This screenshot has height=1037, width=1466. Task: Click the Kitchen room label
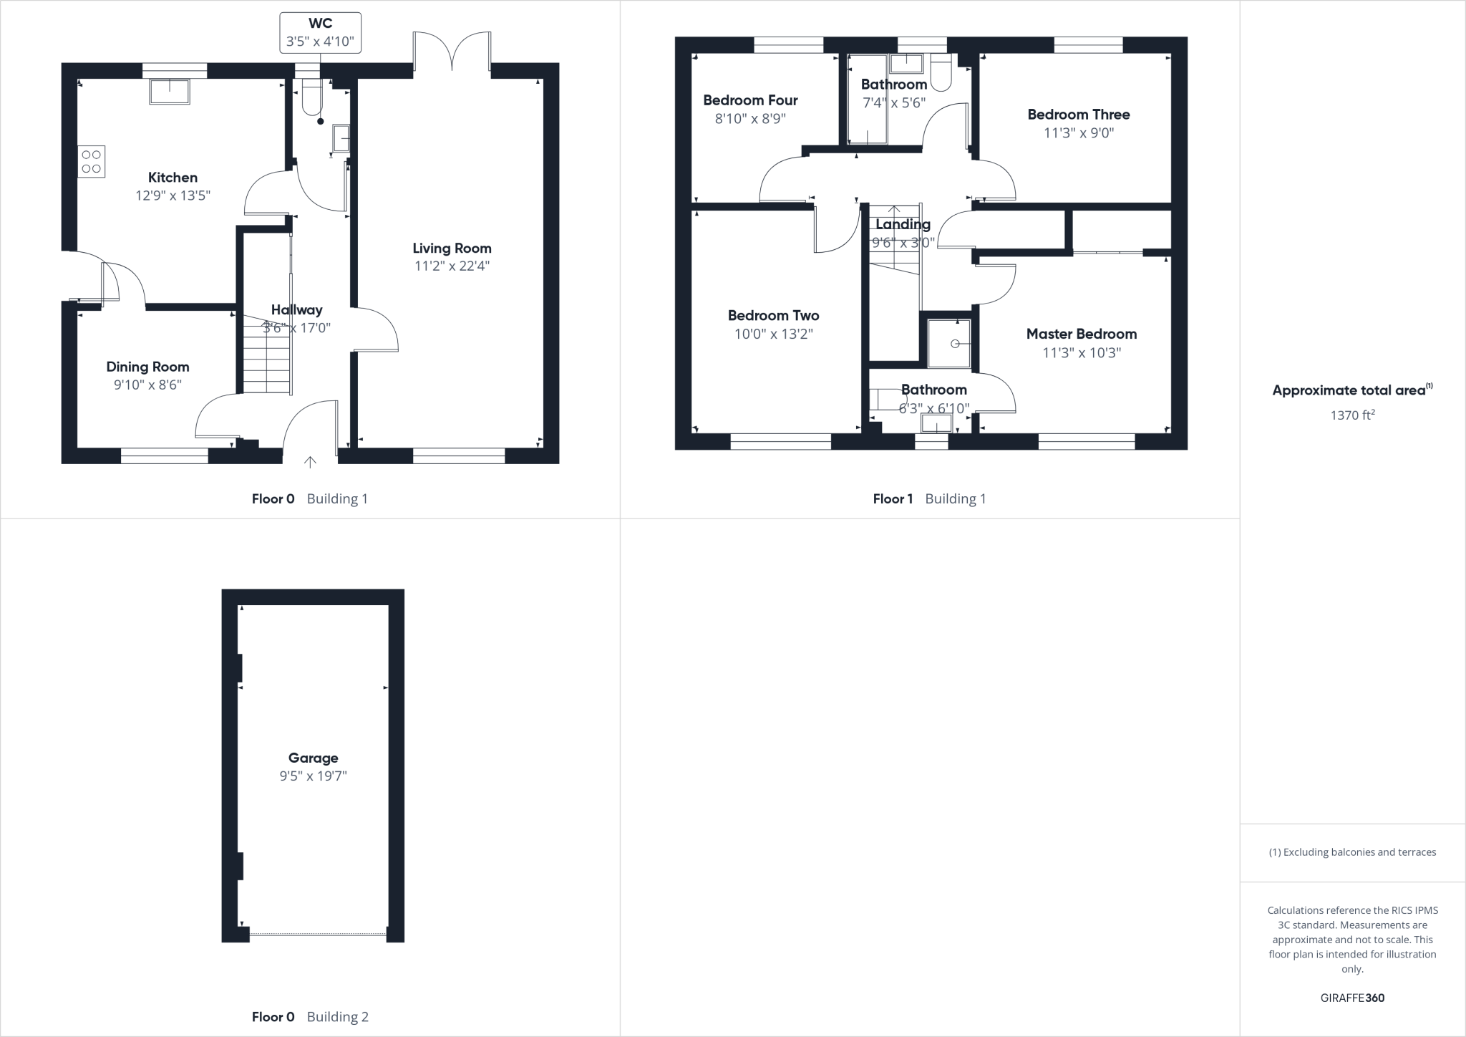(x=173, y=178)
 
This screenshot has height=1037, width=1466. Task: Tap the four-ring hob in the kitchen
(x=92, y=161)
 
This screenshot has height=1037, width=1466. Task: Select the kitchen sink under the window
(x=170, y=92)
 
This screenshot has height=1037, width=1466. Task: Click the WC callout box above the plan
(x=320, y=33)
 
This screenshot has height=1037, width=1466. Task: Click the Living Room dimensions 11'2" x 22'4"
(x=452, y=266)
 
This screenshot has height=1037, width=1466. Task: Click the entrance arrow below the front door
(x=310, y=462)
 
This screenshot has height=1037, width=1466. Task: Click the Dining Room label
(x=147, y=367)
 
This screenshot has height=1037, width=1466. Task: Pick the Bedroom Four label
(x=750, y=100)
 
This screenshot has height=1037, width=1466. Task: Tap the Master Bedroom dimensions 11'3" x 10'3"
(x=1081, y=352)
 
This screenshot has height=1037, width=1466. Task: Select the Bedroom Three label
(x=1078, y=115)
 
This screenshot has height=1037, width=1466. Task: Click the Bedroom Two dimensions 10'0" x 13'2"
(x=773, y=334)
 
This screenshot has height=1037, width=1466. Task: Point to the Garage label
(x=313, y=758)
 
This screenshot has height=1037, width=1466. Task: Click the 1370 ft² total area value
(x=1352, y=415)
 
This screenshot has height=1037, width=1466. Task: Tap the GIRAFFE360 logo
(x=1352, y=998)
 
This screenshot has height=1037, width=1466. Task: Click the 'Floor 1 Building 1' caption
(x=929, y=499)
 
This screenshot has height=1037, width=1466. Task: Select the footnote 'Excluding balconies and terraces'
(x=1352, y=852)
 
